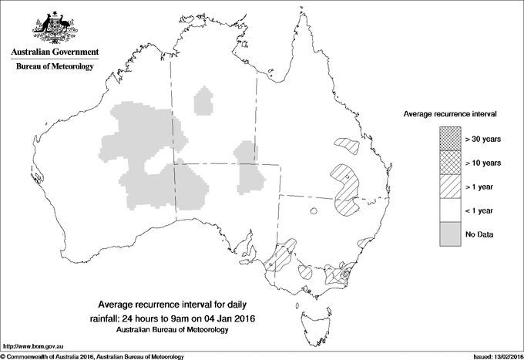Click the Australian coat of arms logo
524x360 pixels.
click(x=54, y=27)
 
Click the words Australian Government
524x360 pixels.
click(x=54, y=52)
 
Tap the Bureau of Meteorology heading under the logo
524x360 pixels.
click(x=54, y=67)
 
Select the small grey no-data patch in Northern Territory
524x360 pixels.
click(x=204, y=102)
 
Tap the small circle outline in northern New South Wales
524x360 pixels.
click(x=314, y=211)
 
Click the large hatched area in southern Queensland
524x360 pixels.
click(x=345, y=193)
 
